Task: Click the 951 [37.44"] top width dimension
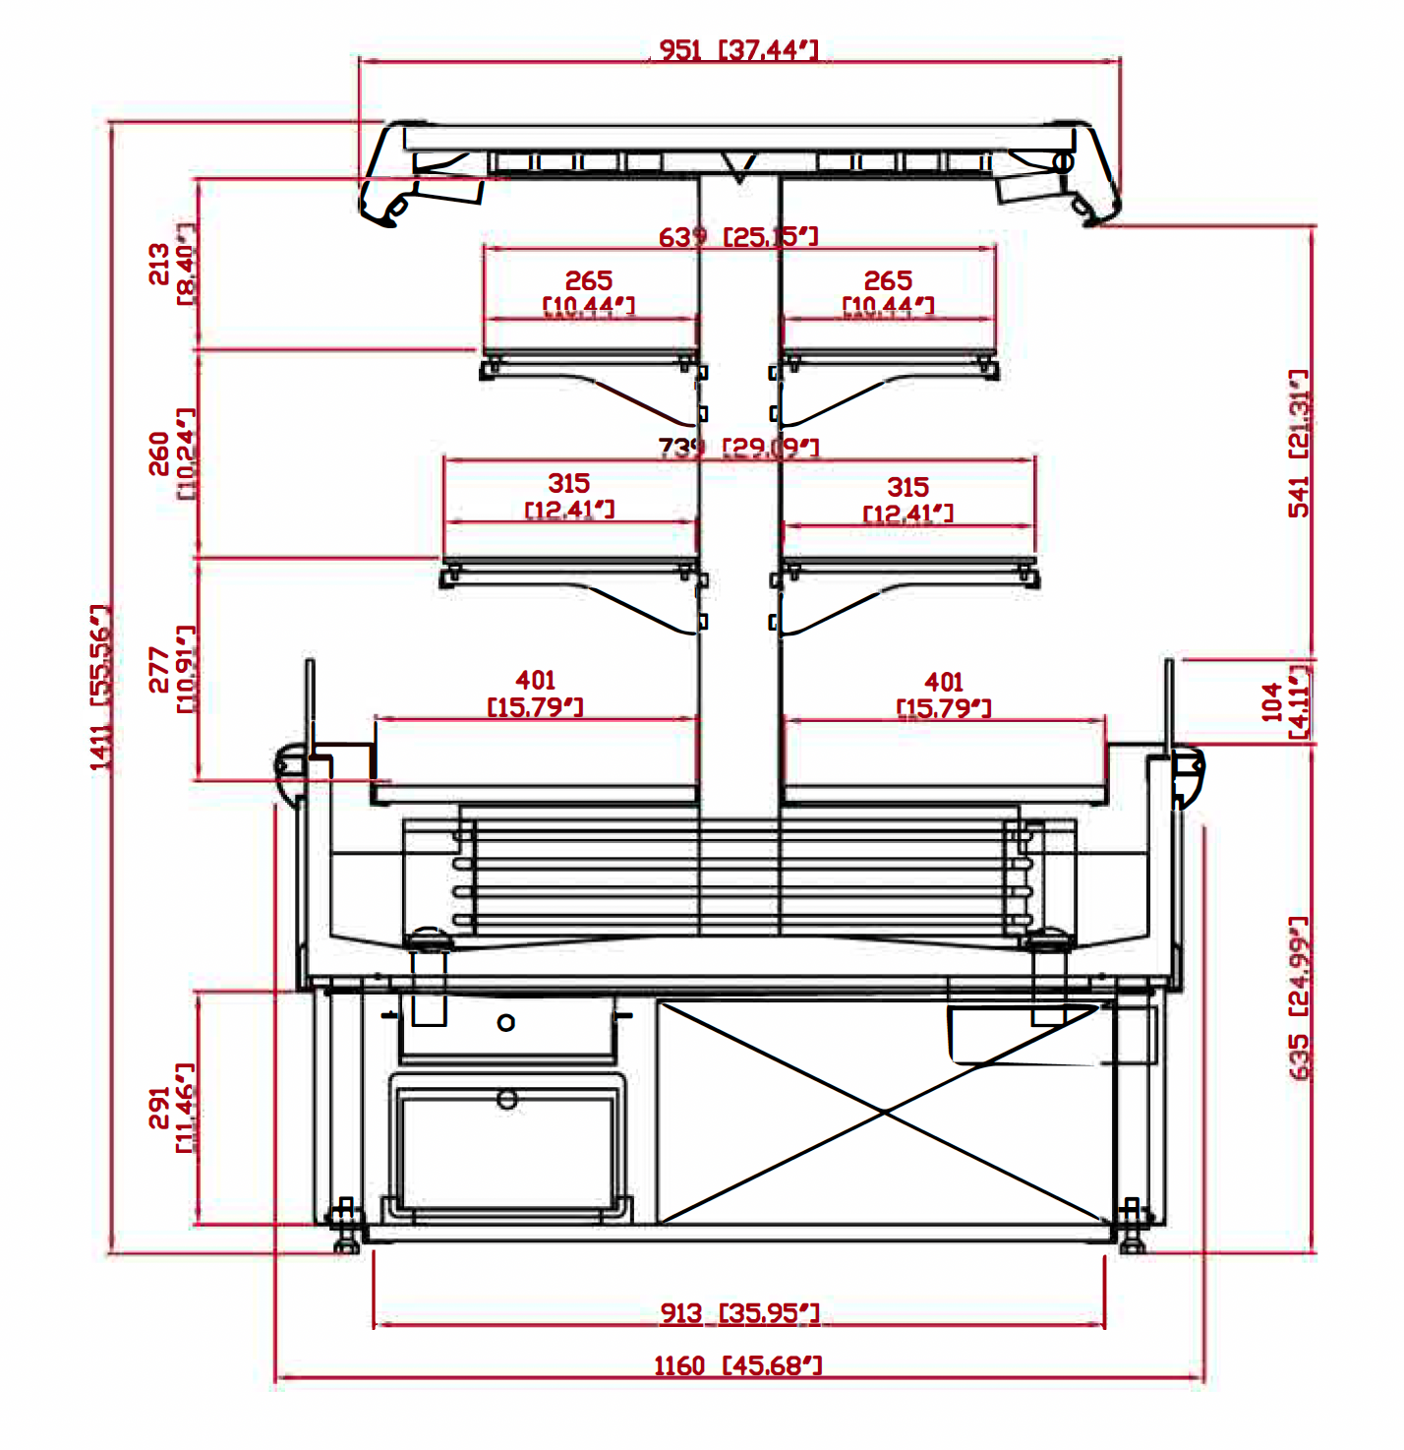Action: click(x=737, y=49)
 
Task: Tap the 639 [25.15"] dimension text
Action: click(x=737, y=237)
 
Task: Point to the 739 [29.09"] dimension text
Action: click(x=737, y=448)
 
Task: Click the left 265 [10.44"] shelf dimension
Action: click(x=589, y=293)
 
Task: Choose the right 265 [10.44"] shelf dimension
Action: click(x=888, y=293)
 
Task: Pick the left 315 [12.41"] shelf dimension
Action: click(x=569, y=496)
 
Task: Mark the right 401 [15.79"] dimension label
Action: click(x=944, y=695)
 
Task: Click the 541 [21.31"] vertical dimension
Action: click(x=1299, y=443)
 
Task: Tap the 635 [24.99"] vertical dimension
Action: click(x=1299, y=997)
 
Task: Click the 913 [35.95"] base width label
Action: click(x=739, y=1313)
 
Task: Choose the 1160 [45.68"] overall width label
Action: click(x=737, y=1365)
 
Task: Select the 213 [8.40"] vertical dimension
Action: click(x=171, y=264)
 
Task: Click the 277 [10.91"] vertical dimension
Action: click(x=171, y=668)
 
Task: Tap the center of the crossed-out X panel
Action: click(x=884, y=1113)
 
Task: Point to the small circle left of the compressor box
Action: click(x=506, y=1023)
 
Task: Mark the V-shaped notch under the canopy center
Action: click(x=739, y=167)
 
